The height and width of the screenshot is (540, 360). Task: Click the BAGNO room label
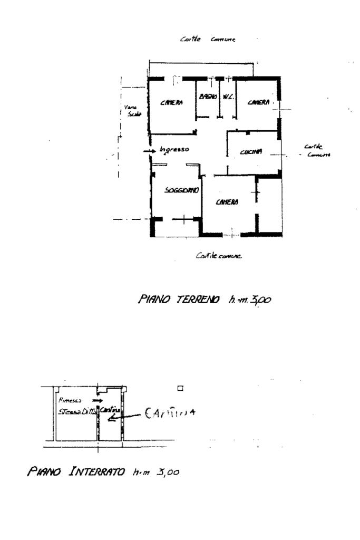tap(206, 97)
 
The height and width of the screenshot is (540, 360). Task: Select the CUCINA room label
tap(250, 152)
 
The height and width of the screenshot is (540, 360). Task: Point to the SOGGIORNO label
tap(181, 190)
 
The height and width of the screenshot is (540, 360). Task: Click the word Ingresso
tap(174, 150)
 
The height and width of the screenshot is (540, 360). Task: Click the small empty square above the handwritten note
tap(180, 389)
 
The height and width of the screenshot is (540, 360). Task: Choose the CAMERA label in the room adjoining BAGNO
tap(172, 103)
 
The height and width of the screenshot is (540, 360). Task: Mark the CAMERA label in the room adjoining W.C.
tap(259, 102)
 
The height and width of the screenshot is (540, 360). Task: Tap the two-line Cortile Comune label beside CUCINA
tap(317, 150)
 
